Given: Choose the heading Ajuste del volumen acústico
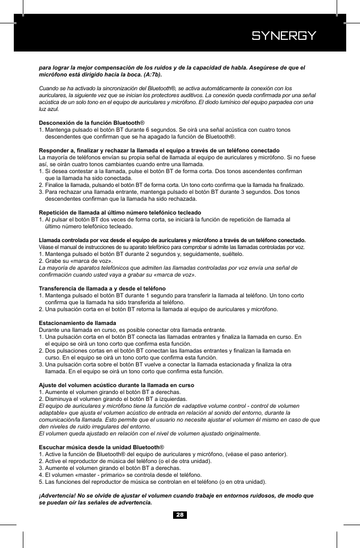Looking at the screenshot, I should click(116, 384).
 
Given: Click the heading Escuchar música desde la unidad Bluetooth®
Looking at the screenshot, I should click(101, 447).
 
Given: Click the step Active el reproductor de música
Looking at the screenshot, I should click(126, 461).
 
